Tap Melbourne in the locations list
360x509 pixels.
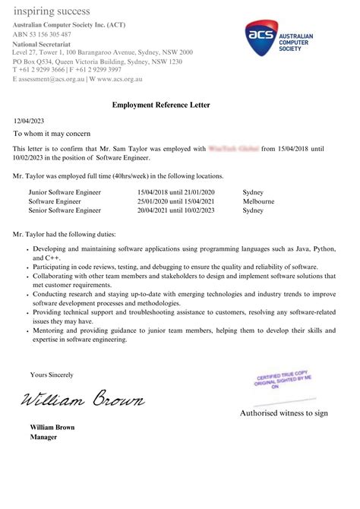pos(259,201)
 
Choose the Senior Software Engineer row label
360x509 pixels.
pos(65,210)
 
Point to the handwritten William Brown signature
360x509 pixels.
pos(82,398)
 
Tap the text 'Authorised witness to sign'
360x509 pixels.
pos(284,413)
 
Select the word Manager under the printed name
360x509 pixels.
pos(44,437)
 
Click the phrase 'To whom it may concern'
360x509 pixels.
pos(52,133)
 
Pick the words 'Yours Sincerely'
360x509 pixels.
pos(52,375)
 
